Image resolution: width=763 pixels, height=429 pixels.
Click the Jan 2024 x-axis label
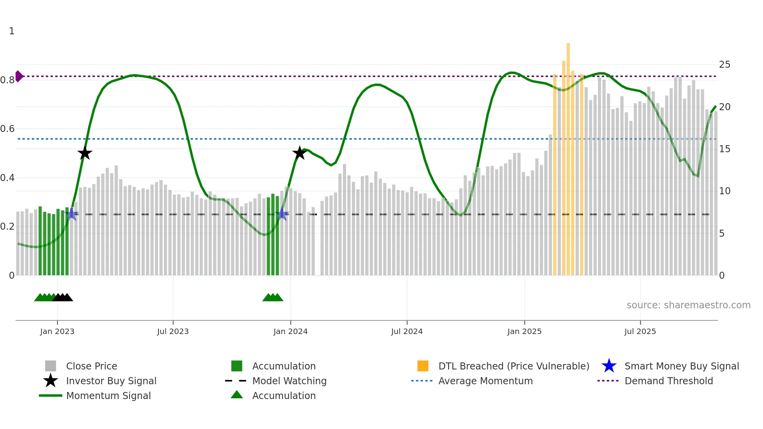pos(290,331)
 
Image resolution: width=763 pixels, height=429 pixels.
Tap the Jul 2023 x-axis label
pos(173,331)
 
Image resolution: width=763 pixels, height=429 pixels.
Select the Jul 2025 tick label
pos(640,331)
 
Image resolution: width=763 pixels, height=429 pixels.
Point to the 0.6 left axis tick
pos(7,129)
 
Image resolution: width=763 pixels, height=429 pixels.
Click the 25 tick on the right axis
pos(724,65)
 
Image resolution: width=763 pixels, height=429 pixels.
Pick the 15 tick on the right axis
pos(724,149)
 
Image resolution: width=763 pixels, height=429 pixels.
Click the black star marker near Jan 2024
pos(299,153)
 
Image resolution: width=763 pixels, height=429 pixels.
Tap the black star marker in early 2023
pos(84,153)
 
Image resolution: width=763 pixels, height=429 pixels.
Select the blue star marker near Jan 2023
pos(72,214)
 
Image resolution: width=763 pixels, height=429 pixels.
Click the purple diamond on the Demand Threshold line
pos(19,76)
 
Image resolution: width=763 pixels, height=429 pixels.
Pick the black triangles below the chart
pos(63,297)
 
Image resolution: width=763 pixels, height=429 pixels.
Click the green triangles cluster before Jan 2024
pos(272,297)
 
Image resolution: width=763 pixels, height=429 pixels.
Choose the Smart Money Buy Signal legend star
pos(609,366)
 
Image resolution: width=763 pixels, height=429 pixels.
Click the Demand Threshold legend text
pos(668,381)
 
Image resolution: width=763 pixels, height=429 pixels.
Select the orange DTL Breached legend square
pos(423,366)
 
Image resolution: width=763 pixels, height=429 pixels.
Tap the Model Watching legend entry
pos(289,381)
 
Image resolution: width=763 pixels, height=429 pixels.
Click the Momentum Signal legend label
pos(108,396)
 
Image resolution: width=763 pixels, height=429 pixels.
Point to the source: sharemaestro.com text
pos(688,305)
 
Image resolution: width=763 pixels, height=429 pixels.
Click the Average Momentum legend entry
pos(485,381)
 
